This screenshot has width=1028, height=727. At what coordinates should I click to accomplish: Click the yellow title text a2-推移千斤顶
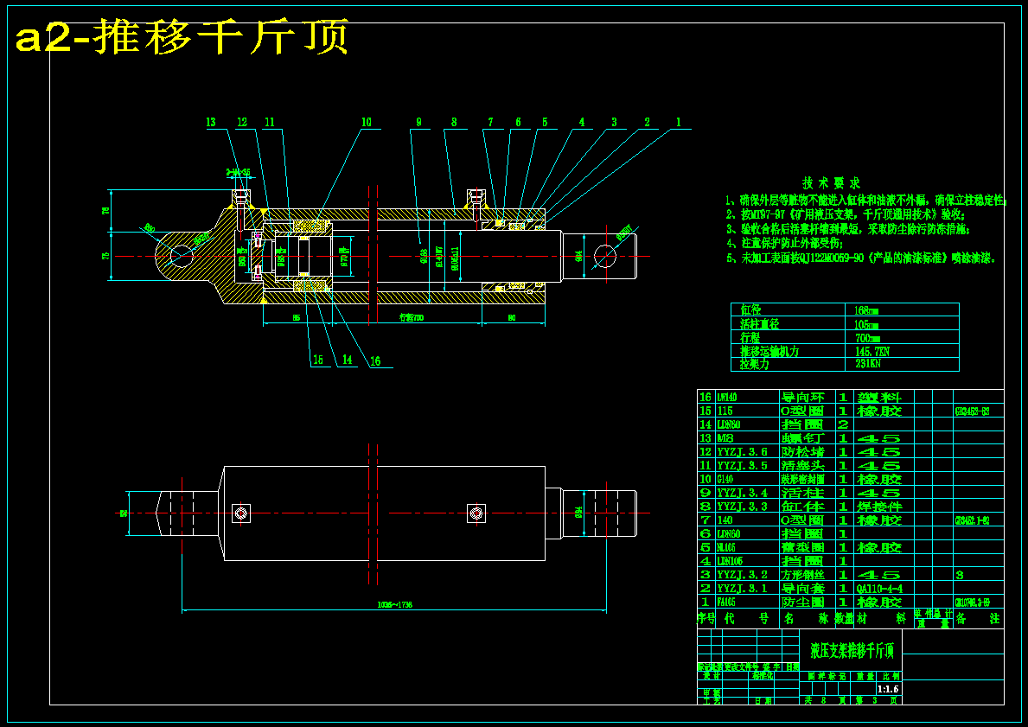tap(182, 38)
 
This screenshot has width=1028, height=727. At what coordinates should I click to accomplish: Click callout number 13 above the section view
tap(211, 123)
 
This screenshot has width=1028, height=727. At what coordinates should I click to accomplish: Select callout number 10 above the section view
tap(366, 123)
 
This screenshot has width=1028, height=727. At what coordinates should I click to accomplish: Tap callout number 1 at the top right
tap(679, 123)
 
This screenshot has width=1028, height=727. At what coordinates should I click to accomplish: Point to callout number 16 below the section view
tap(374, 361)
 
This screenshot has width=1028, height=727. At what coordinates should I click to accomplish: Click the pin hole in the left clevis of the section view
tap(182, 256)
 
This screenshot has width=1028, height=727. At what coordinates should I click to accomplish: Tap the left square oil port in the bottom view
tap(241, 513)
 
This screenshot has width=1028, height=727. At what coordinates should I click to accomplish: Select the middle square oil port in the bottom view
tap(474, 513)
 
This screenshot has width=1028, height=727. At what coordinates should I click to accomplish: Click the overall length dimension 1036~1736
tap(394, 605)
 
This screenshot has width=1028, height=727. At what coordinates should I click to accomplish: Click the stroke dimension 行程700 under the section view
tap(412, 317)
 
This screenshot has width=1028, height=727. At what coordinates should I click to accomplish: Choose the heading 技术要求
tap(831, 183)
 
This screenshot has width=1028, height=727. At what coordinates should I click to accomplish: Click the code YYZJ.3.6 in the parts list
tap(742, 452)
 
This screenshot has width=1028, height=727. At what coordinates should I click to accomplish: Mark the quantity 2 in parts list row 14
tap(842, 424)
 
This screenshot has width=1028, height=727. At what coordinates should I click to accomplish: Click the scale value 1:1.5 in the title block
tap(888, 689)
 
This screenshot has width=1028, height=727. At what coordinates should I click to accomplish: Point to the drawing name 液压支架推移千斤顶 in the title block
tap(852, 649)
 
